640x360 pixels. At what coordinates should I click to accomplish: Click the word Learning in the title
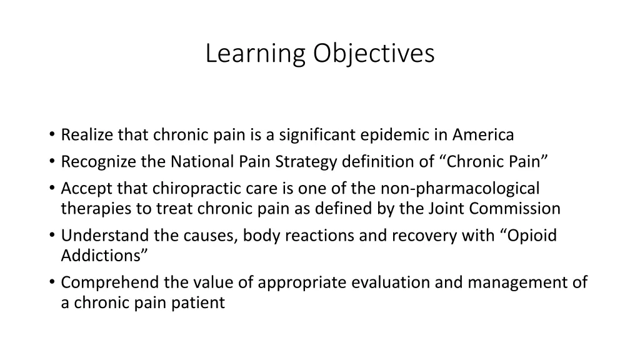tap(256, 54)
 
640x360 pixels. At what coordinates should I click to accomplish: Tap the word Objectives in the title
tap(374, 54)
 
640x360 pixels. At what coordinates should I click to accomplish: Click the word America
tap(483, 135)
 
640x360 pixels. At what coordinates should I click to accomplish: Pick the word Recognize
tap(98, 162)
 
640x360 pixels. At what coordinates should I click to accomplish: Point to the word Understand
tap(100, 236)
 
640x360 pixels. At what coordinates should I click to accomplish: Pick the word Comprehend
tap(110, 283)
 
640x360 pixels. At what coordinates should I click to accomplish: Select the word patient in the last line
tap(201, 303)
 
